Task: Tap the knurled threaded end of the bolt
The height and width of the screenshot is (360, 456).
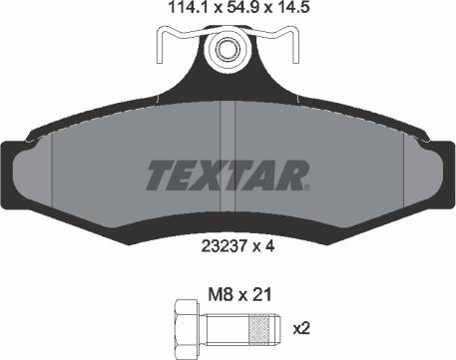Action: [261, 328]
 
